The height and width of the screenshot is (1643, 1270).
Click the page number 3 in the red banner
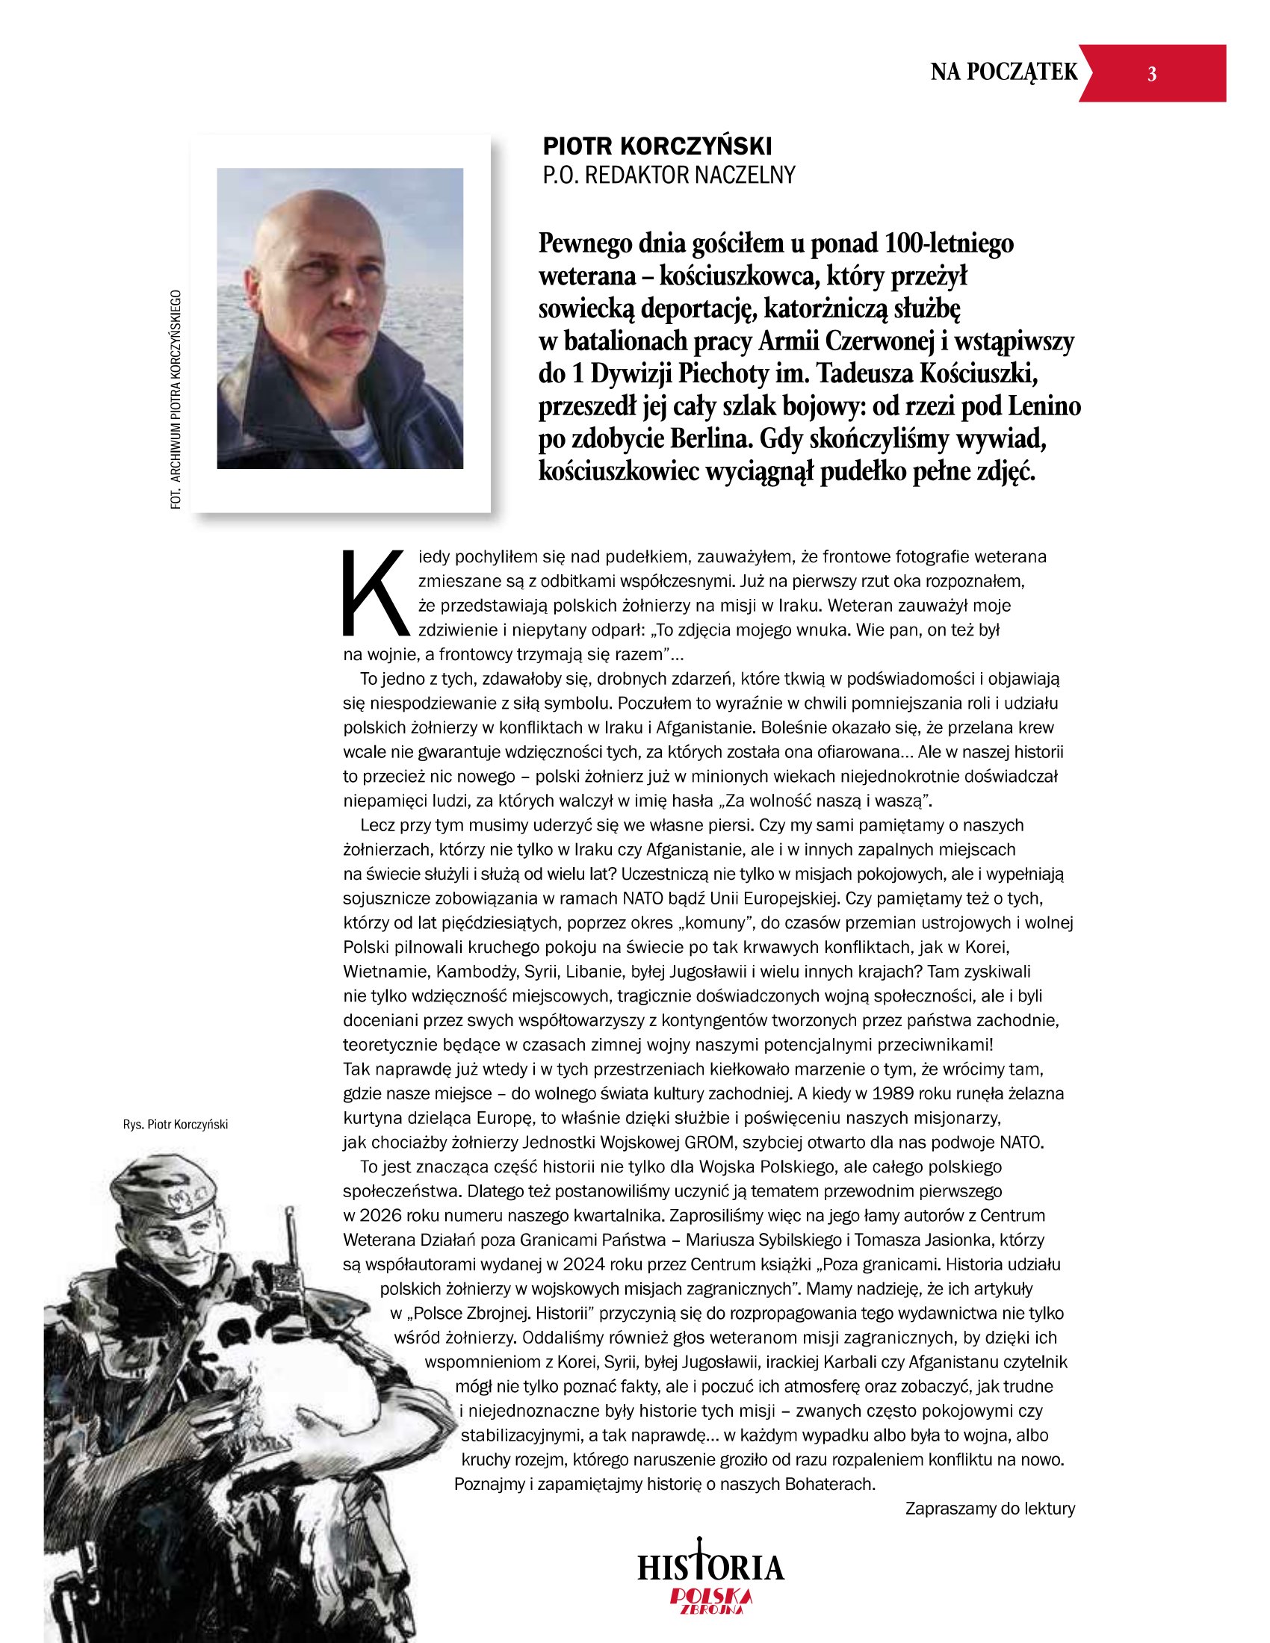tap(1151, 74)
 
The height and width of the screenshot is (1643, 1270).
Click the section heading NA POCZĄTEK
tap(1003, 72)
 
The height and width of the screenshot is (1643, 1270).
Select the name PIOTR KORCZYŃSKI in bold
tap(657, 146)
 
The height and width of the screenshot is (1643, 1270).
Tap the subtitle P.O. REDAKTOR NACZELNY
tap(669, 176)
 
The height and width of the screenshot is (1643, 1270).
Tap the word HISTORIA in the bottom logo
tap(711, 1567)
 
